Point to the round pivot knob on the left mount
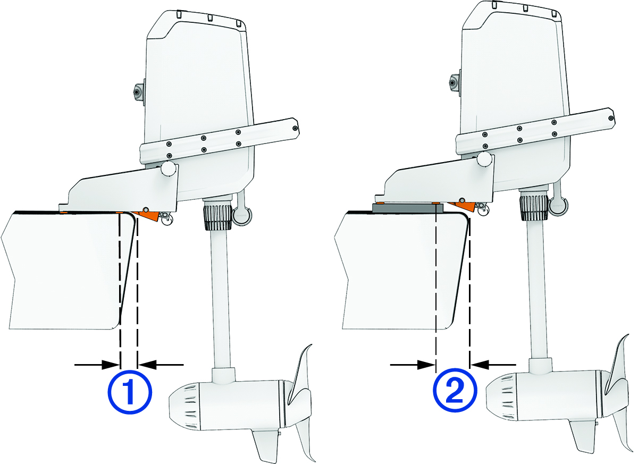coord(169,169)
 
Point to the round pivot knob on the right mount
coord(484,158)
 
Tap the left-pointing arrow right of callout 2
coord(493,365)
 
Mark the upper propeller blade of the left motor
coord(301,372)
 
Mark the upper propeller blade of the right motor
coord(620,361)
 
